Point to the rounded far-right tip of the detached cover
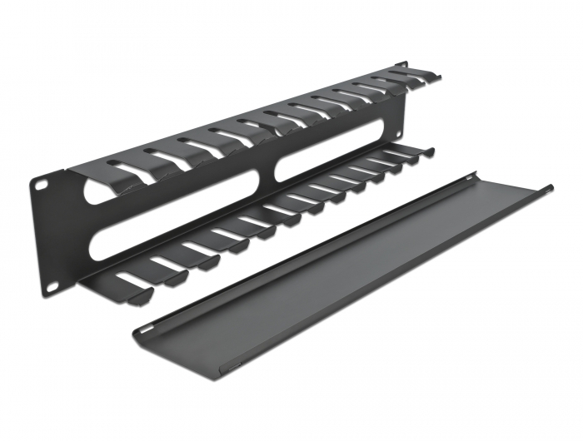(x=549, y=187)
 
